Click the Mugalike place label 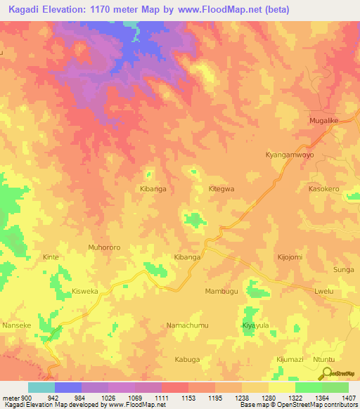(x=324, y=121)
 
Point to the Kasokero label (x=324, y=189)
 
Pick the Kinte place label (x=51, y=257)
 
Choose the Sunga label (x=344, y=269)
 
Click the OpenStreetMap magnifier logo (x=324, y=372)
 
